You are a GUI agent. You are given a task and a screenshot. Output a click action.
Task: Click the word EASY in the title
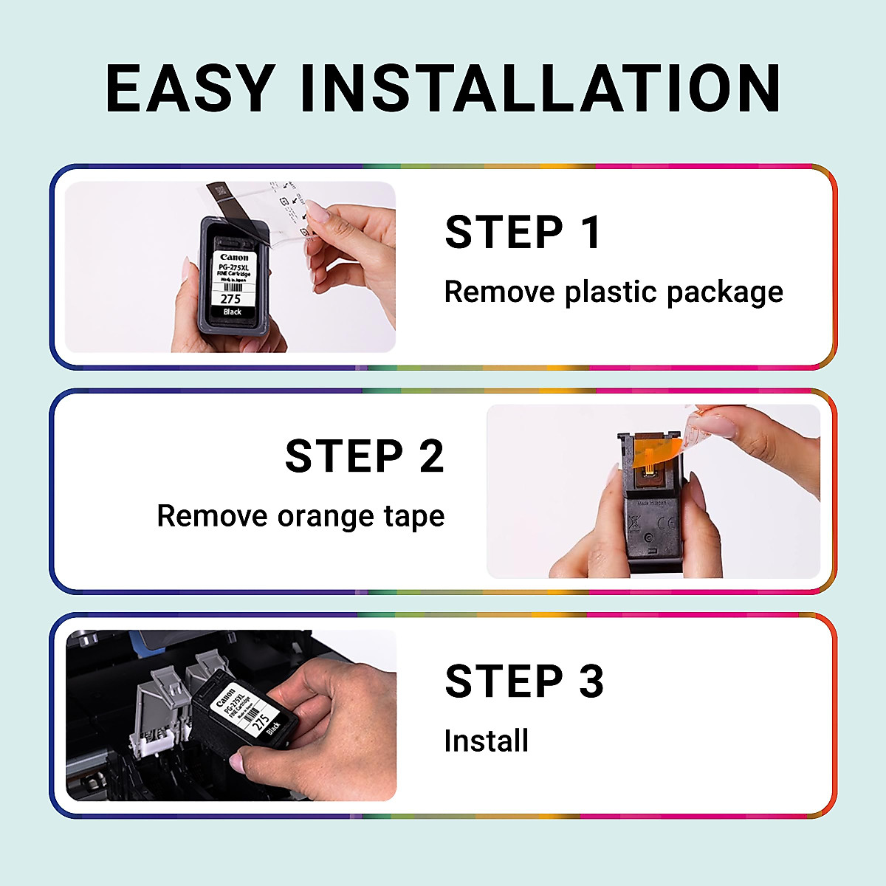pyautogui.click(x=190, y=89)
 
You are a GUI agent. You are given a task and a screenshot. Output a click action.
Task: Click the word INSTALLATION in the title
pyautogui.click(x=540, y=89)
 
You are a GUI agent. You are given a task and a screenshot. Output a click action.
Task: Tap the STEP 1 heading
pyautogui.click(x=523, y=233)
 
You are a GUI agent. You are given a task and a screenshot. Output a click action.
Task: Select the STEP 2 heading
pyautogui.click(x=365, y=456)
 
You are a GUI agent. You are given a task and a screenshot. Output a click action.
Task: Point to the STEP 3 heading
pyautogui.click(x=524, y=681)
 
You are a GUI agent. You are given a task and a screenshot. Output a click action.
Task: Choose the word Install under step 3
pyautogui.click(x=487, y=741)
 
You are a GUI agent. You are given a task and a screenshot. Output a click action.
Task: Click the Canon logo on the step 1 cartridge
pyautogui.click(x=234, y=258)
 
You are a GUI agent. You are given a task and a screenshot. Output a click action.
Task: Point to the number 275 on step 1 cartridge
pyautogui.click(x=231, y=299)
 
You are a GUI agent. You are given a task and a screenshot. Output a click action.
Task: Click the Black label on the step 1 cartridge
pyautogui.click(x=233, y=312)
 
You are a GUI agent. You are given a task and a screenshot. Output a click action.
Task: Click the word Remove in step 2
pyautogui.click(x=212, y=516)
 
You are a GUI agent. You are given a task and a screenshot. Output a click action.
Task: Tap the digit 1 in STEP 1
pyautogui.click(x=591, y=233)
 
